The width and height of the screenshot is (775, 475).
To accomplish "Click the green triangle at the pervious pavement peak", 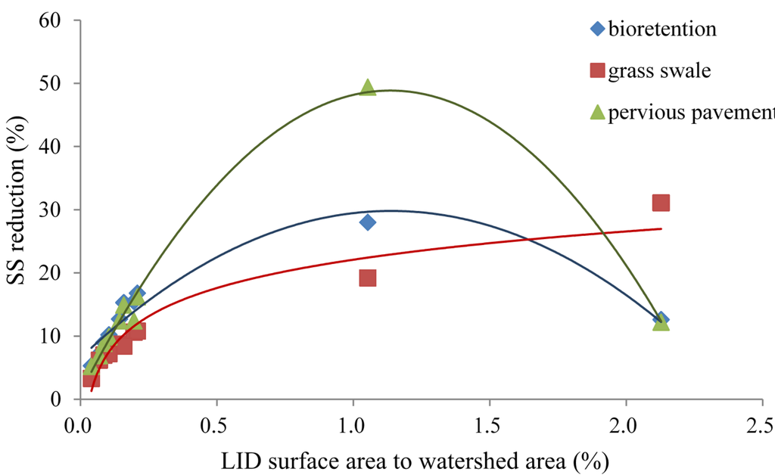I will coord(368,88).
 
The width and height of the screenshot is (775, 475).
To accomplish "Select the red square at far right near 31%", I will coord(661,203).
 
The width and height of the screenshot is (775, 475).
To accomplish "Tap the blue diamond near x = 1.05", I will coord(368,222).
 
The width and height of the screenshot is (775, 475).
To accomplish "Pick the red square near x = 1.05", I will coord(368,278).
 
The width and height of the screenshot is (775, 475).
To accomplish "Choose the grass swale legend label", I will coord(659,71).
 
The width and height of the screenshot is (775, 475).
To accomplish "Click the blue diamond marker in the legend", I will coord(597,29).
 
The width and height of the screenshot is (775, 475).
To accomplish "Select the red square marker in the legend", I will coord(597,71).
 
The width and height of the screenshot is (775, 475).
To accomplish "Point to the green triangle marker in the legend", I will coord(597,113).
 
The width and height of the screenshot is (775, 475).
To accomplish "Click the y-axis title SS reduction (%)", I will coord(20,210).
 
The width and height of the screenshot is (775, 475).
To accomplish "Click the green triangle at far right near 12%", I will coord(661,322).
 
